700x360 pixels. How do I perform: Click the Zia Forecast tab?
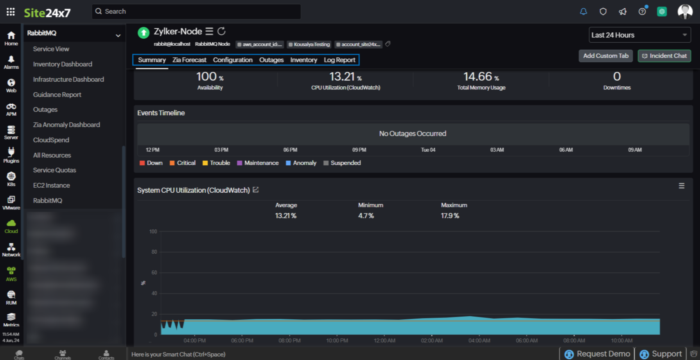[189, 60]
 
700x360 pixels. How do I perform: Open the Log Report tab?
[339, 60]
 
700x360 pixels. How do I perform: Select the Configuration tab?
[233, 60]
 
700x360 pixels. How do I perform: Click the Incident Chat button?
[664, 56]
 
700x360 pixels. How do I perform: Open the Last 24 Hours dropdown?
[639, 35]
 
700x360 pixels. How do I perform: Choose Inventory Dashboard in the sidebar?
[63, 64]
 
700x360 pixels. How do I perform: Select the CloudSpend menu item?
[51, 140]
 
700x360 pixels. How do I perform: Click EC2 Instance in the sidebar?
[51, 185]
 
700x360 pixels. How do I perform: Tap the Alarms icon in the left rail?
[11, 62]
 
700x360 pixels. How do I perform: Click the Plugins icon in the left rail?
[11, 155]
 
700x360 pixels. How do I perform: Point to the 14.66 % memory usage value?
[481, 77]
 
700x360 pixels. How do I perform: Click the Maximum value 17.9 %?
[450, 216]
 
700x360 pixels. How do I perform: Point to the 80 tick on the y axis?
[154, 252]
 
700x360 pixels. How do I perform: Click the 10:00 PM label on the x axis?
[337, 341]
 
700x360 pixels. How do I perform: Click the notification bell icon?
[583, 12]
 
